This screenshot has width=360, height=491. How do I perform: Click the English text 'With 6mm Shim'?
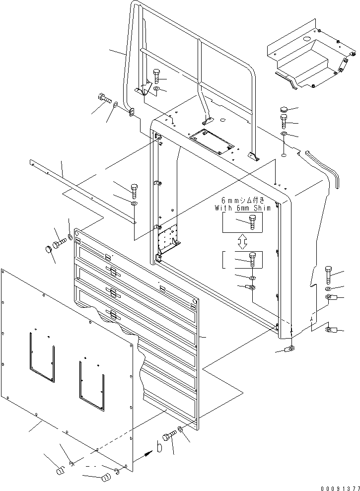(242, 208)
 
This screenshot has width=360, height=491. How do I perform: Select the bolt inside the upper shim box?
(252, 222)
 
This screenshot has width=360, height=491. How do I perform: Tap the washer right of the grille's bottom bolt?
(180, 429)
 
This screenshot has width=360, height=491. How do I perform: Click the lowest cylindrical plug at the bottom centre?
(107, 477)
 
